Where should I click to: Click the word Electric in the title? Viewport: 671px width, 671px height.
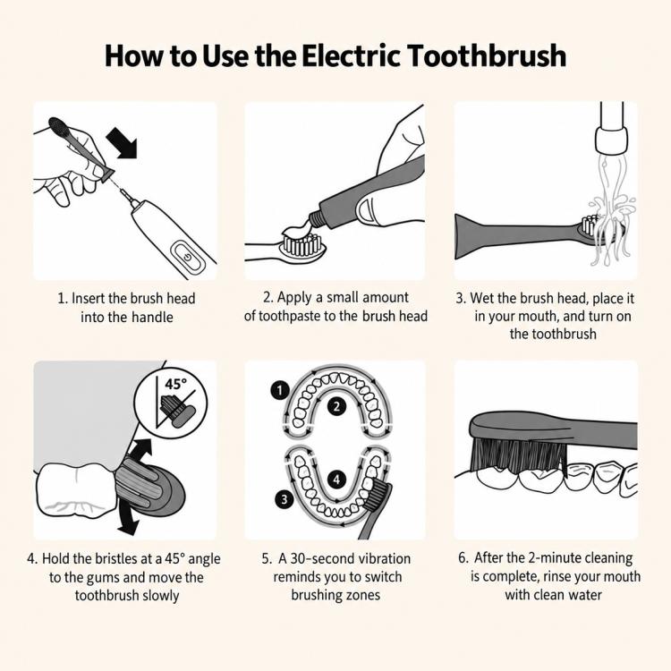[351, 56]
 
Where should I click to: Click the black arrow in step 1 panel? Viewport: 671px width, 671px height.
[122, 141]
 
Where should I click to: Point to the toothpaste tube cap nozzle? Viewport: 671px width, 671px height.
[316, 218]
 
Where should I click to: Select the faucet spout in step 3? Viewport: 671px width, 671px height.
[612, 128]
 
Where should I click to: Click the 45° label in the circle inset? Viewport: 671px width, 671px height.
[176, 384]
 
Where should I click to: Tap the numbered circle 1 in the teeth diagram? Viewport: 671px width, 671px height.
[280, 391]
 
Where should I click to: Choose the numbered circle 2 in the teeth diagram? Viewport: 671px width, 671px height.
[336, 406]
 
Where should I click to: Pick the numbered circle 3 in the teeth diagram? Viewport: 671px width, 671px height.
[285, 499]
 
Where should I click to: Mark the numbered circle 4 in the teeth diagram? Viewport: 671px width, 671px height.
[336, 480]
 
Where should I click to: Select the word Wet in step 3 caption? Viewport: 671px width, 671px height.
[480, 298]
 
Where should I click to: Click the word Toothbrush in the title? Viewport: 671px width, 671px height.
[487, 56]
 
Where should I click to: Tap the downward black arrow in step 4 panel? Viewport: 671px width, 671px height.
[129, 516]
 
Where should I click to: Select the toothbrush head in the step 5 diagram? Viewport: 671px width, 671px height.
[377, 497]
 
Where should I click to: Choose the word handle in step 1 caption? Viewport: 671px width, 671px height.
[152, 318]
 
